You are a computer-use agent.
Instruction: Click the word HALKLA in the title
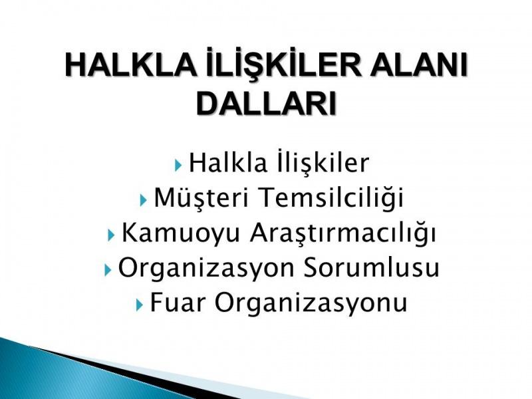(130, 65)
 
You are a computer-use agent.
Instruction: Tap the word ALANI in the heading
(419, 65)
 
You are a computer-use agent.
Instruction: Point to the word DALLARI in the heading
(266, 103)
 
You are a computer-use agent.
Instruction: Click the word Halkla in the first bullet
(228, 163)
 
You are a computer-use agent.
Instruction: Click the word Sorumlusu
(371, 268)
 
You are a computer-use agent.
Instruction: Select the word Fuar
(178, 302)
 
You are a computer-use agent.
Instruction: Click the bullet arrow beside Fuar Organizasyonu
(140, 305)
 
